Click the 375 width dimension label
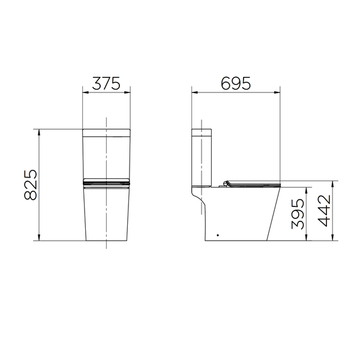[106, 83]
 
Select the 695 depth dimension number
[236, 83]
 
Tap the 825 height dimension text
[31, 185]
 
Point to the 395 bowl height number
[298, 214]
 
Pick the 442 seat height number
[324, 211]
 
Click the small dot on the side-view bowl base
[218, 235]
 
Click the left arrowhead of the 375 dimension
[85, 92]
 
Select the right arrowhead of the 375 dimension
[127, 92]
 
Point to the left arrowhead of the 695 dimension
[194, 92]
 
